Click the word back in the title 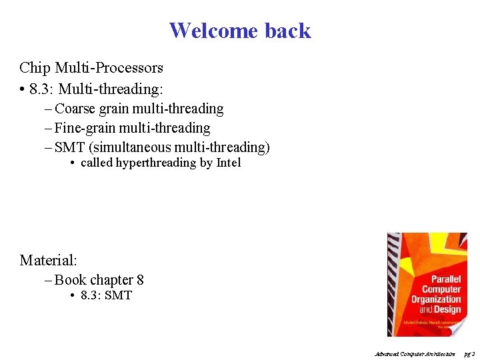[288, 31]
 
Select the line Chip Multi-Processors [91, 68]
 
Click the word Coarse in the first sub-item [75, 109]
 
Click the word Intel [229, 163]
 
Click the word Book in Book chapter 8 [71, 280]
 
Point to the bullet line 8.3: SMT [106, 295]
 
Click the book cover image [427, 285]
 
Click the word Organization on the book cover [436, 299]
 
